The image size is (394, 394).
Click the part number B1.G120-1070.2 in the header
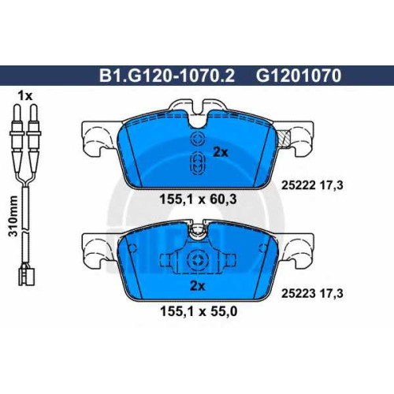click(x=166, y=76)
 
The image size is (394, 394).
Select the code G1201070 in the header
click(x=299, y=76)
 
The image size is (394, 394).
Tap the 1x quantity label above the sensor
click(x=24, y=96)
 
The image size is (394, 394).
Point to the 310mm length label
click(x=13, y=216)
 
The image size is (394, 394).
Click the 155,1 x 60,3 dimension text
click(x=199, y=199)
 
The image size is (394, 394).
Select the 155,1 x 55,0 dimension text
click(x=199, y=312)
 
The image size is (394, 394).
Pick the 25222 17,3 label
click(x=312, y=186)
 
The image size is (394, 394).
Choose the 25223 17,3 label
click(x=312, y=293)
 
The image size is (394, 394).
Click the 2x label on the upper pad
click(x=221, y=152)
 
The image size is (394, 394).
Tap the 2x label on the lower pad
click(x=197, y=286)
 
